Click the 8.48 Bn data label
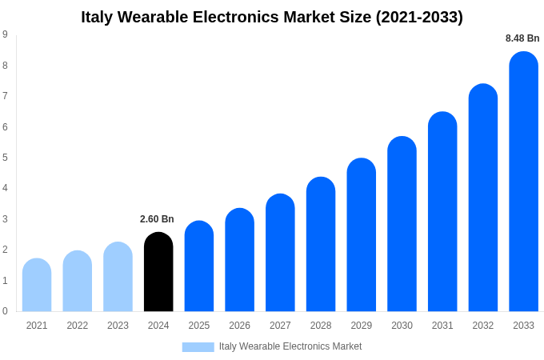[x=522, y=38]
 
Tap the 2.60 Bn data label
[x=157, y=219]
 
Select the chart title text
[x=272, y=17]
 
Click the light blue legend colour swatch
[x=198, y=346]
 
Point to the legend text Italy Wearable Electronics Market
[x=290, y=346]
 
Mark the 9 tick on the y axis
[x=5, y=34]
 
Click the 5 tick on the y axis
[x=5, y=158]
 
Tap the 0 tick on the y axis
[x=5, y=311]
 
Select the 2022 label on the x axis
[x=78, y=326]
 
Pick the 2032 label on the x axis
[x=483, y=326]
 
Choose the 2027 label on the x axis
[x=280, y=326]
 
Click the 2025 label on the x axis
[x=199, y=326]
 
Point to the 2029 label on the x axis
[x=362, y=326]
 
